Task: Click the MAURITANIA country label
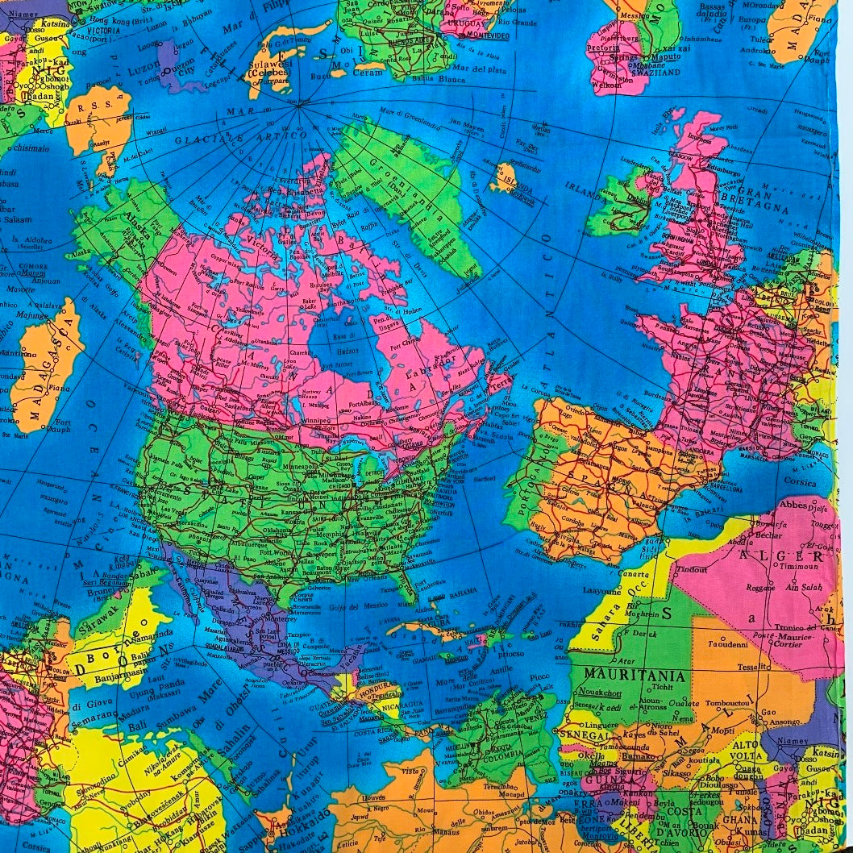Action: pos(635,674)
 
